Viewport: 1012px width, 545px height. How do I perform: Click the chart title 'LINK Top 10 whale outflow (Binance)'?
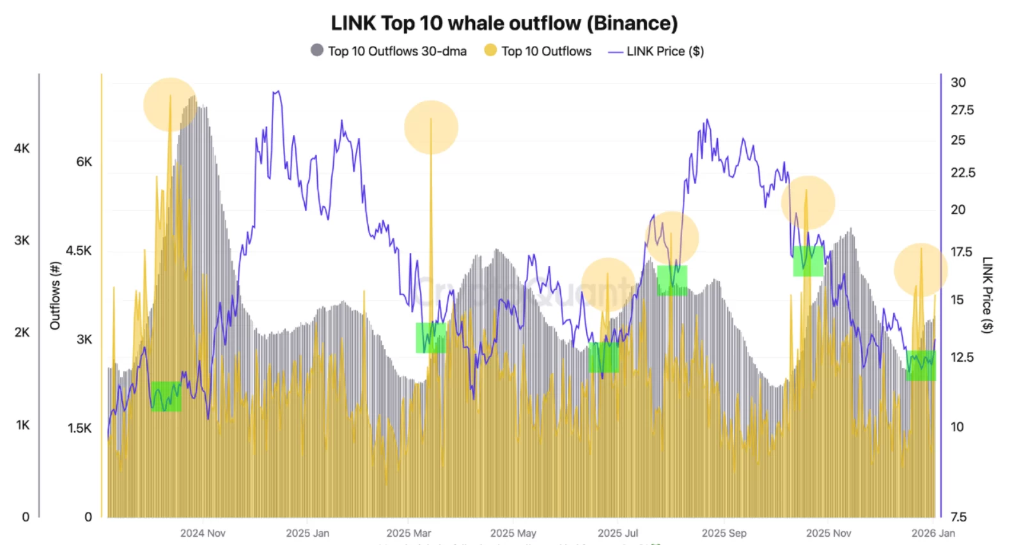(504, 23)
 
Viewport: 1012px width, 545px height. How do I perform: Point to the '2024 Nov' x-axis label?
(203, 533)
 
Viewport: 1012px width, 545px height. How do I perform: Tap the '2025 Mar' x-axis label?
(409, 533)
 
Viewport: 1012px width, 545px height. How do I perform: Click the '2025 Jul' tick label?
(618, 533)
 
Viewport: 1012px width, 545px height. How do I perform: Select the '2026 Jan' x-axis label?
(933, 533)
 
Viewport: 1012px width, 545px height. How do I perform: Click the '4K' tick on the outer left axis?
(22, 148)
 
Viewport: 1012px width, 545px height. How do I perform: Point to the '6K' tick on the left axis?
(84, 162)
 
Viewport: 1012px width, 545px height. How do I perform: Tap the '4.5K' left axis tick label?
(79, 250)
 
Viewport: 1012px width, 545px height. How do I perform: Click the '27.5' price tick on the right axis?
(962, 110)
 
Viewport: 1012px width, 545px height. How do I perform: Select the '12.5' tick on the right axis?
(962, 357)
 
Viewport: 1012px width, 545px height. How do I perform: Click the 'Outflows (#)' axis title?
(56, 295)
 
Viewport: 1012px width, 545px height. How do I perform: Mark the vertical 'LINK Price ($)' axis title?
(988, 295)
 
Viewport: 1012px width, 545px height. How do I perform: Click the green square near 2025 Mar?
(431, 337)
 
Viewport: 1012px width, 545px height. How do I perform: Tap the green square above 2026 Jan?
(921, 365)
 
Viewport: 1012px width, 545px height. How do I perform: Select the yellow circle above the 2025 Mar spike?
(431, 127)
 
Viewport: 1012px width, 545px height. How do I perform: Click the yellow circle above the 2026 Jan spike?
(920, 270)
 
